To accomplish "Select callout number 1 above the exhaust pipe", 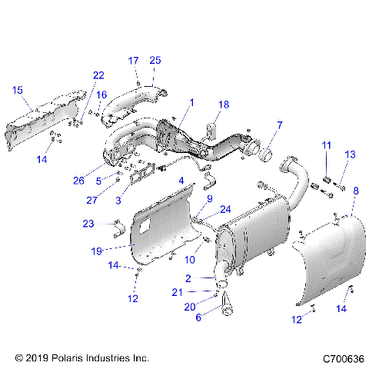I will (x=191, y=101).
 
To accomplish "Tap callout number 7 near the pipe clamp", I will (x=279, y=124).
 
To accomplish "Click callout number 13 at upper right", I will (x=350, y=155).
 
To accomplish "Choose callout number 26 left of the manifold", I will (x=101, y=182).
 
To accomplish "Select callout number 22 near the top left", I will (x=98, y=75).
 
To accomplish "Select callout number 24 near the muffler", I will (x=226, y=208).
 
